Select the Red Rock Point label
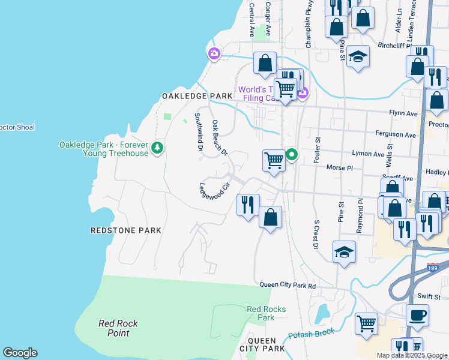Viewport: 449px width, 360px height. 118,328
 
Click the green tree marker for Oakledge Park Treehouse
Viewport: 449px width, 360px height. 157,147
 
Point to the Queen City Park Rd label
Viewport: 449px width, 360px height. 288,286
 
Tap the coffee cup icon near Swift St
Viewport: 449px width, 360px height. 417,315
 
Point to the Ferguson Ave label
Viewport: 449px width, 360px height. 395,135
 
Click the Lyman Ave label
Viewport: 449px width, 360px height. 367,154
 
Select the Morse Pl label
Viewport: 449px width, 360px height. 339,168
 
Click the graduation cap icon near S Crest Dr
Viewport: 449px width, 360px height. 344,252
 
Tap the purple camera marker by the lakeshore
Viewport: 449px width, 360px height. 214,55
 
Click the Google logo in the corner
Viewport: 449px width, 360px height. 20,353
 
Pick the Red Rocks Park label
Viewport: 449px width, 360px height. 266,313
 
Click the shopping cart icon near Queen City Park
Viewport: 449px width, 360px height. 366,324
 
